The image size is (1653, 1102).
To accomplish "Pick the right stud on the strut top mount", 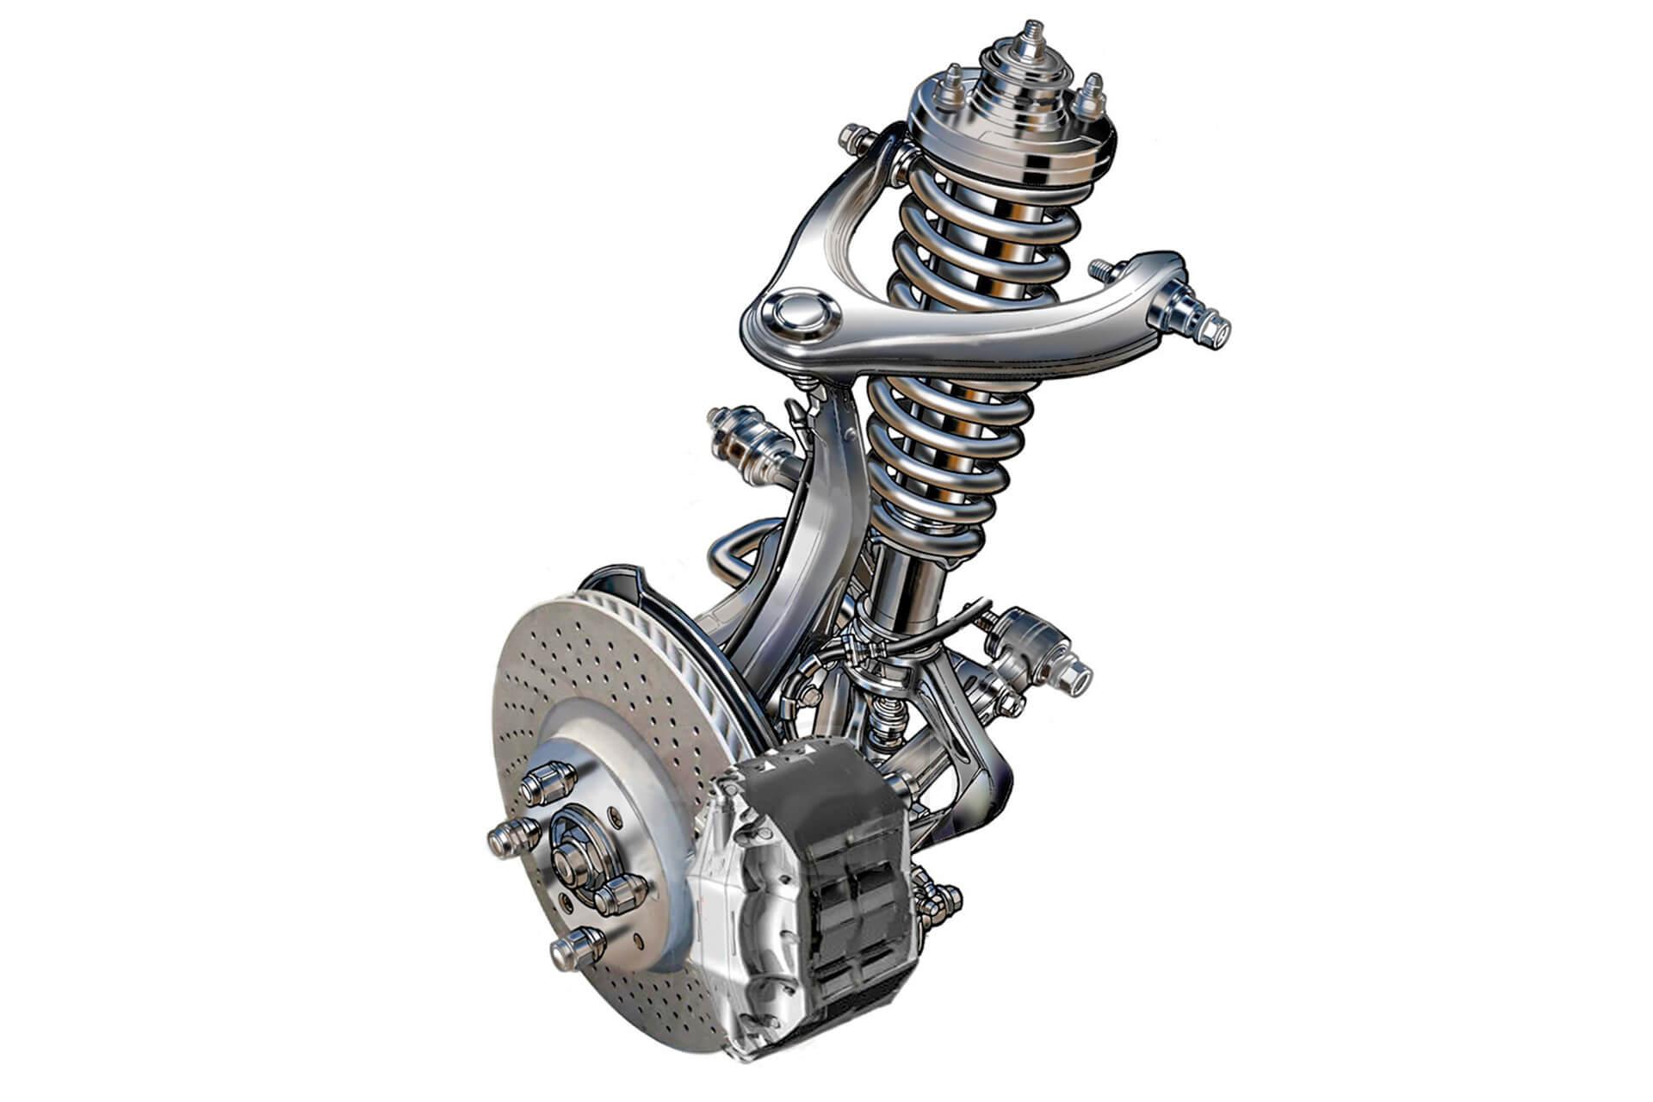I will pyautogui.click(x=1092, y=95).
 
